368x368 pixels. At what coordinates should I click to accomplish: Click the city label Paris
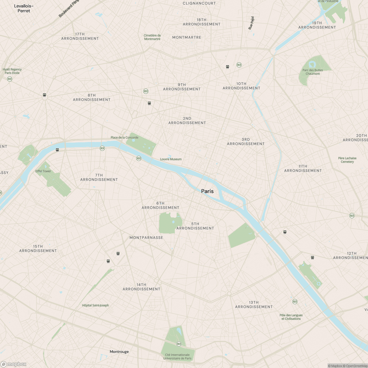(x=207, y=191)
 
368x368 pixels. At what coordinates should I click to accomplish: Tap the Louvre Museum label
(x=171, y=159)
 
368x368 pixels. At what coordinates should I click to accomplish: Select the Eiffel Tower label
(x=43, y=171)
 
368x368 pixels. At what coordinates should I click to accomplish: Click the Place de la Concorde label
(x=125, y=137)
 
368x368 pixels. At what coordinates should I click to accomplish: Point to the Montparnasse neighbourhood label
(x=146, y=238)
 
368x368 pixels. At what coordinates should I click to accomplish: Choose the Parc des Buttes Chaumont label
(x=312, y=72)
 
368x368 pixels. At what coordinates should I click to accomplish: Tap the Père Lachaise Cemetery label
(x=347, y=160)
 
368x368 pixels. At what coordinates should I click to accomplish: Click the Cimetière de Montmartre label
(x=152, y=37)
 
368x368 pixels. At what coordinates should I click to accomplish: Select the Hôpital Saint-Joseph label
(x=95, y=305)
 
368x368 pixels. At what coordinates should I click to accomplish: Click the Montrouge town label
(x=119, y=352)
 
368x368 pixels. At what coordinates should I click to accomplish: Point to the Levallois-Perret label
(x=24, y=8)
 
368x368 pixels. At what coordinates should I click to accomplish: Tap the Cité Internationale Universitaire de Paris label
(x=177, y=357)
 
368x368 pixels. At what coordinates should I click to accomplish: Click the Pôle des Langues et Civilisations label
(x=291, y=317)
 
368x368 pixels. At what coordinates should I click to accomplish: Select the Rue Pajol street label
(x=251, y=23)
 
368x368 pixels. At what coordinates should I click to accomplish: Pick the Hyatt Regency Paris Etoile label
(x=12, y=71)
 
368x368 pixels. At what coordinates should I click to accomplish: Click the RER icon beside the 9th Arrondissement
(x=146, y=91)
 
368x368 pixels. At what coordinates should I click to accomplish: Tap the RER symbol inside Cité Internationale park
(x=179, y=344)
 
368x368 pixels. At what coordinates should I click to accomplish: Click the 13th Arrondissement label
(x=254, y=305)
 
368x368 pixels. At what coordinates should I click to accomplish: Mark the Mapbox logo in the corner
(x=13, y=364)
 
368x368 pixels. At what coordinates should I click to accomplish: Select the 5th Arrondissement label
(x=195, y=226)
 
